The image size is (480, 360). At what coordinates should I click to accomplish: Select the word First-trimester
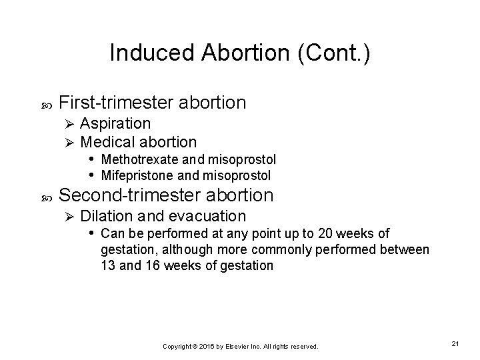(x=116, y=103)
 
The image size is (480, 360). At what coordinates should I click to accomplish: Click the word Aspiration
(x=115, y=123)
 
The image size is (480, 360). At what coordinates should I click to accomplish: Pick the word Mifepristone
(x=133, y=175)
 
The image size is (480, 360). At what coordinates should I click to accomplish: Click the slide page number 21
(x=455, y=343)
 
